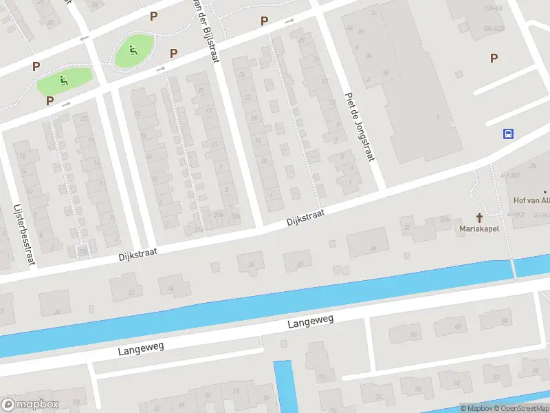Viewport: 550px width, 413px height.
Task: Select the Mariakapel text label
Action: (479, 228)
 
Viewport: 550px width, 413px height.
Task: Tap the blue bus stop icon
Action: (508, 134)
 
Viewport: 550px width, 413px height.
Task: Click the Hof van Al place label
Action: (531, 201)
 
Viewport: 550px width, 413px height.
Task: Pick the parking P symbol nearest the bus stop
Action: (494, 59)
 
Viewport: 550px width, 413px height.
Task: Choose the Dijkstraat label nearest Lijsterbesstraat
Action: (137, 253)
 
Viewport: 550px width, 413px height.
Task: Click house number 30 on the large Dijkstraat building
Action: (374, 248)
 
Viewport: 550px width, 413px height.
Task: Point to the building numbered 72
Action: (321, 377)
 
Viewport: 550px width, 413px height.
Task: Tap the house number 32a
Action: (444, 220)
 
